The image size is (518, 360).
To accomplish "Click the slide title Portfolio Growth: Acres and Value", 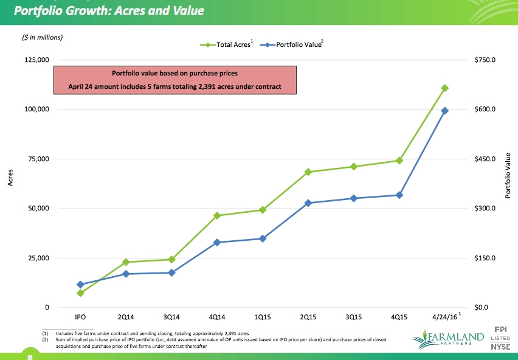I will (x=109, y=11).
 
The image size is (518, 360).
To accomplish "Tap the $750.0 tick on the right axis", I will (x=485, y=60).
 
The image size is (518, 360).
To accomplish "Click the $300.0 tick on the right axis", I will (x=485, y=209).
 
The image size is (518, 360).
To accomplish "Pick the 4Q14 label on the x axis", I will (x=216, y=317).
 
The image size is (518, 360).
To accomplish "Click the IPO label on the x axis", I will (x=80, y=317).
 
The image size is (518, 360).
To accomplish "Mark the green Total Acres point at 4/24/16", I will (x=445, y=88).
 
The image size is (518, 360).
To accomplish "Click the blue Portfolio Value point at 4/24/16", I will (x=445, y=111).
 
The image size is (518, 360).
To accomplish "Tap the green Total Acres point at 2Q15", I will (x=308, y=172).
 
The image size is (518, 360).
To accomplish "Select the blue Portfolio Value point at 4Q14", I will (x=217, y=243).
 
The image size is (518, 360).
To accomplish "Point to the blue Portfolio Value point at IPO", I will (x=80, y=285).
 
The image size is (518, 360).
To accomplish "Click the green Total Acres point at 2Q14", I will (x=126, y=262).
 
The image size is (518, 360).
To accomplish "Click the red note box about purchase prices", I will (x=175, y=80).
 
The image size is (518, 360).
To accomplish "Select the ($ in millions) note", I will (x=42, y=37).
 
